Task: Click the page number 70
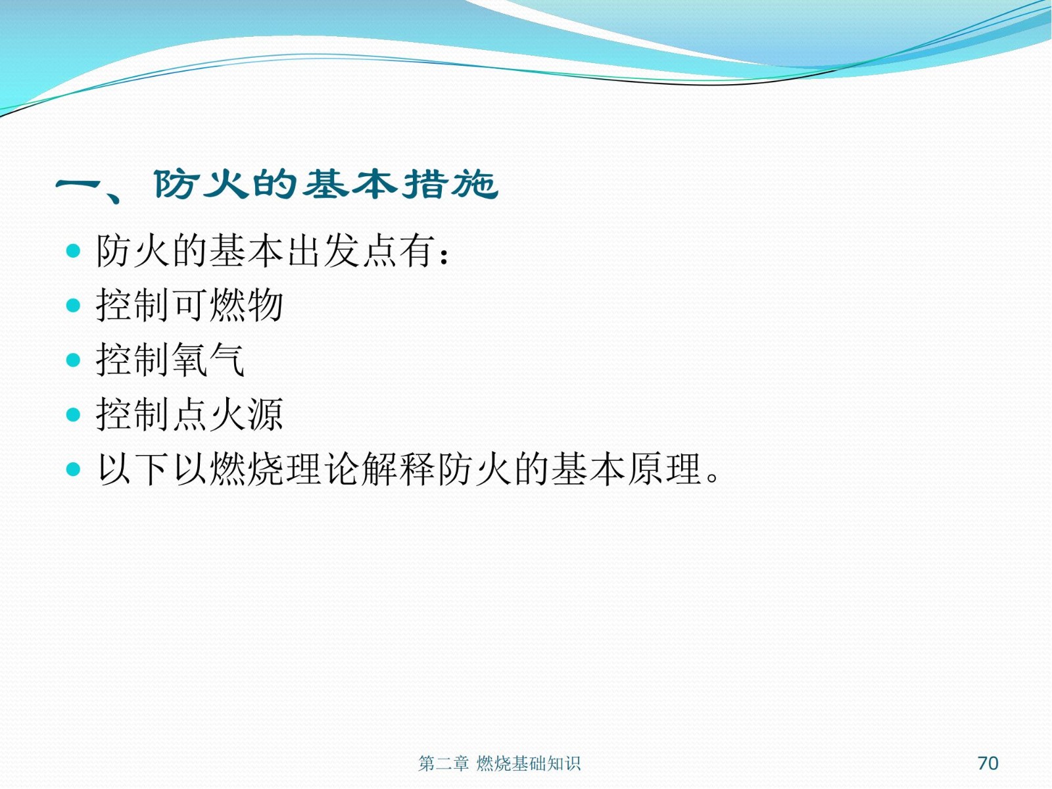click(988, 763)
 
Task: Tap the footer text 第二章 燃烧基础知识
click(499, 763)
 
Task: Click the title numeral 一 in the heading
click(78, 186)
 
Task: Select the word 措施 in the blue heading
click(450, 184)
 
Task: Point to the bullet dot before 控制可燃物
click(73, 305)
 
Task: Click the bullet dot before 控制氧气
click(73, 360)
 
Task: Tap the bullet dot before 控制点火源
click(73, 414)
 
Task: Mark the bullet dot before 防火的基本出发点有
click(73, 251)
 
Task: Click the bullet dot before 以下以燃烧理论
click(73, 469)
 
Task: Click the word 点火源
click(227, 414)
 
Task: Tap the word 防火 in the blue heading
click(201, 184)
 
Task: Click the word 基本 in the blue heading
click(350, 184)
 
